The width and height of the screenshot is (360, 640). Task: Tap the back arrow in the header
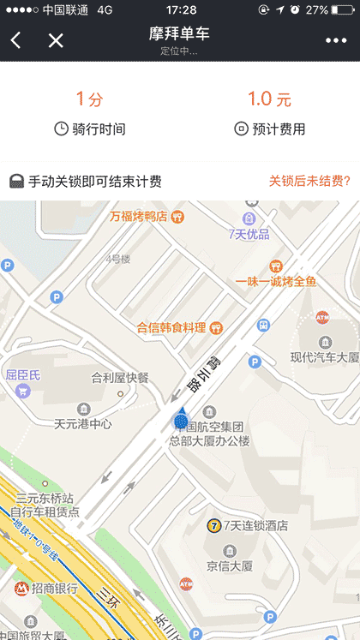pos(16,40)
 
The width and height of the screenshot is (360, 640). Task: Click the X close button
pos(56,40)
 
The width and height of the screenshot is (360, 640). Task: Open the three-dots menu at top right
pos(336,40)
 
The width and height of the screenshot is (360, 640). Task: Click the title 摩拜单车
pos(179,34)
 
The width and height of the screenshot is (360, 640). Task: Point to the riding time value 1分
pos(89,99)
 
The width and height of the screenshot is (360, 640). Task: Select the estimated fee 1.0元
pos(269,99)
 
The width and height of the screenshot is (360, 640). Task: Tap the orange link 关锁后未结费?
pos(309,181)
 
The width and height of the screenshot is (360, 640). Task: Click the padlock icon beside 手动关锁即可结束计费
pos(16,181)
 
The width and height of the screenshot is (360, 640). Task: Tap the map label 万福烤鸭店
pos(138,216)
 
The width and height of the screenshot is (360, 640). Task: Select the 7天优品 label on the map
pos(249,234)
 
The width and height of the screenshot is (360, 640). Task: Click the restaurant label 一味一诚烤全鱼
pos(276,281)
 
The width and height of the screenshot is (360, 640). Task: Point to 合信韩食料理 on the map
pos(171,327)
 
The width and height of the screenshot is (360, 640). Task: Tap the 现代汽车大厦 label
pos(323,357)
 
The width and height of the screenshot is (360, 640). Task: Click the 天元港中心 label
pos(83,422)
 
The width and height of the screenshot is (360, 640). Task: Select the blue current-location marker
pos(181,420)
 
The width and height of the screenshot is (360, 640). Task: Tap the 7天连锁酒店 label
pos(255,525)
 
